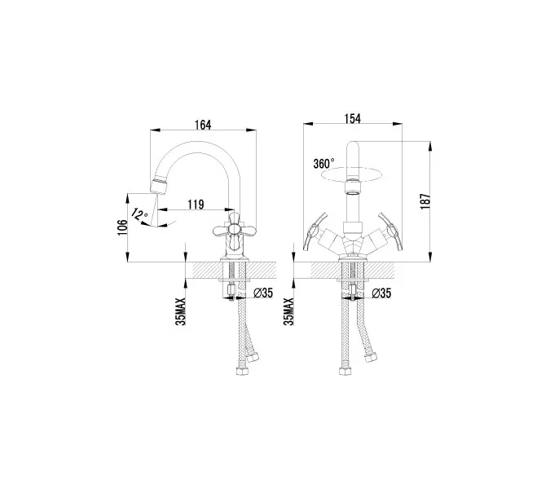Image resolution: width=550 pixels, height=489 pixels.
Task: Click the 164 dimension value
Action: click(203, 125)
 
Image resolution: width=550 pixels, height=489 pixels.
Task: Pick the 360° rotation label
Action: click(323, 162)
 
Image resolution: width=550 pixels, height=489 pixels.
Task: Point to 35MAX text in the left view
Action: click(182, 311)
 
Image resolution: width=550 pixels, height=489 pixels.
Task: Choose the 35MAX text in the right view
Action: click(289, 311)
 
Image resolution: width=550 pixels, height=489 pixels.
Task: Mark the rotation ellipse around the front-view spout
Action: click(354, 173)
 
